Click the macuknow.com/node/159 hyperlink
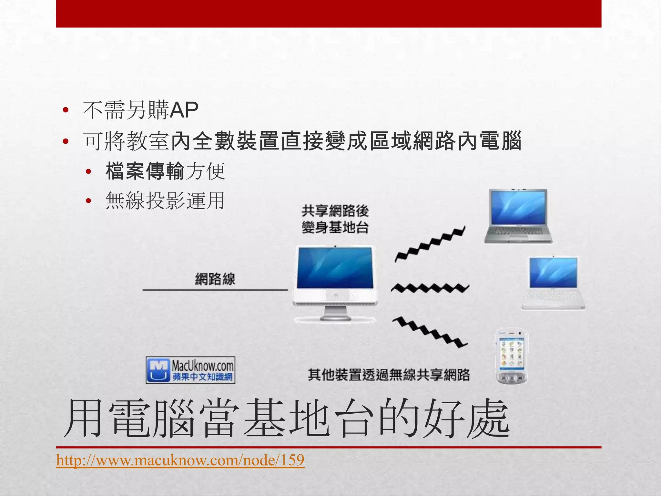click(x=180, y=460)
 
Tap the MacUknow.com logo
click(x=190, y=370)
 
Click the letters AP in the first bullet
click(x=184, y=110)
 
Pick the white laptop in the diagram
click(x=553, y=283)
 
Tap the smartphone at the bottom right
click(x=511, y=356)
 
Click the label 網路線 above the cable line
click(x=215, y=279)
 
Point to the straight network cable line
click(x=215, y=290)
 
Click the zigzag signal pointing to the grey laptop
click(x=430, y=244)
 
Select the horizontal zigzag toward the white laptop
click(x=430, y=287)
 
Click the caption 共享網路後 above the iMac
click(x=335, y=211)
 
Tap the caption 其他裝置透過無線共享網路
click(x=389, y=375)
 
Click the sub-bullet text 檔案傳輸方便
click(x=165, y=171)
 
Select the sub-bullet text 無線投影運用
click(x=165, y=201)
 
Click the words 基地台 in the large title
click(x=310, y=419)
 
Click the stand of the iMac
click(x=336, y=313)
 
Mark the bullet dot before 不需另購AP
click(x=66, y=110)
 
